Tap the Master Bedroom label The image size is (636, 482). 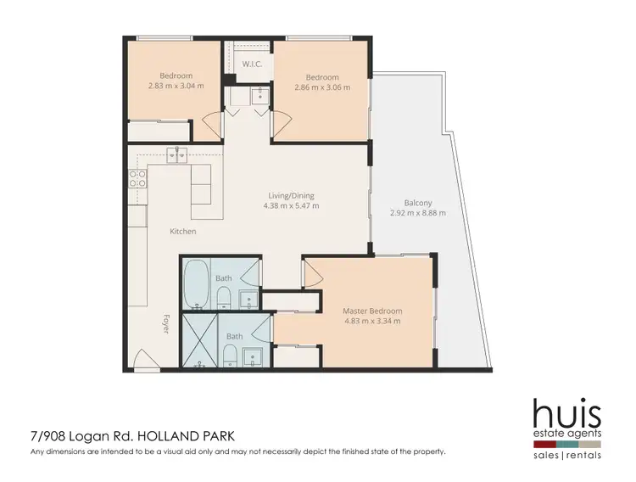(x=372, y=311)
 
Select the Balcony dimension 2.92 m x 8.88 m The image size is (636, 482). (x=417, y=213)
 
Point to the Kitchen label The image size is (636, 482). (x=182, y=231)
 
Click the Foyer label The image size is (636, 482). (x=166, y=324)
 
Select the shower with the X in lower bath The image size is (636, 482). (x=198, y=340)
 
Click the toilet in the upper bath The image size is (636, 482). (x=223, y=297)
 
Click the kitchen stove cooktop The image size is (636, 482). (x=137, y=178)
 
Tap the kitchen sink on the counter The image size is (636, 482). (x=177, y=154)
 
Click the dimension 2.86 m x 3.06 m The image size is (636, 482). (x=322, y=87)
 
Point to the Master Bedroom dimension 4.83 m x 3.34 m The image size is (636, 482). (x=372, y=321)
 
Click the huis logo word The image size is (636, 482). (x=566, y=415)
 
